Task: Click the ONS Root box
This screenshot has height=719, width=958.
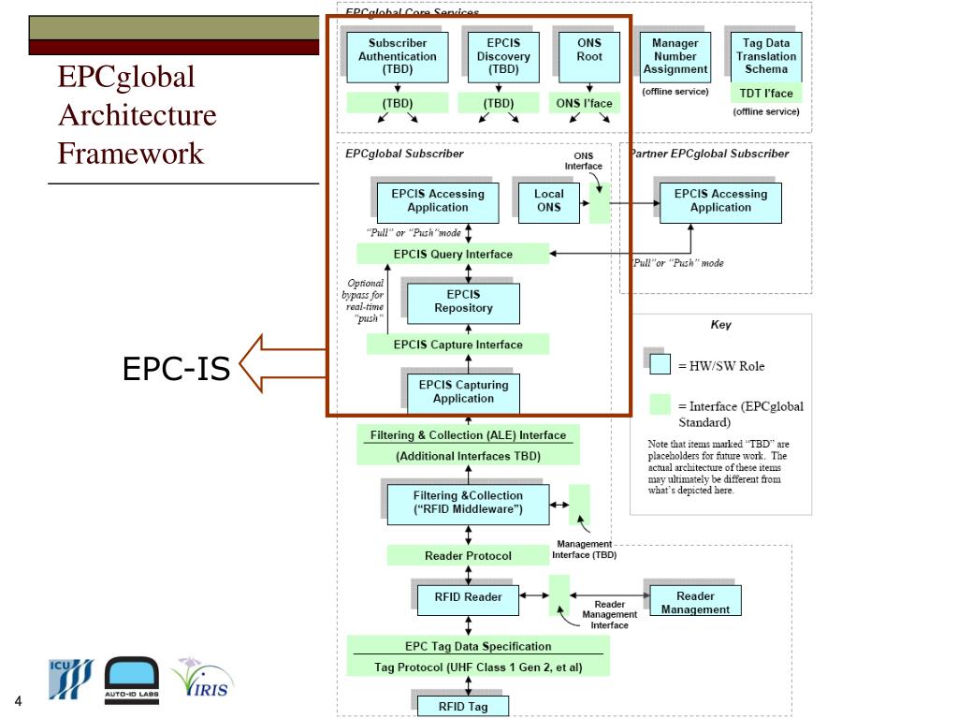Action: pos(589,57)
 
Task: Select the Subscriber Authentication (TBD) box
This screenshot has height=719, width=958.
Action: pos(397,57)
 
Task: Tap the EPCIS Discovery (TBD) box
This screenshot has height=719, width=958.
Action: pos(503,57)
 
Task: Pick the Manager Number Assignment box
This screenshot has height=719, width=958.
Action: pos(675,57)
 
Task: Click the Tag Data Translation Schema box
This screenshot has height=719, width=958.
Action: pos(766,57)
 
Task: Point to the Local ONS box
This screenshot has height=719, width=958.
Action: pos(548,202)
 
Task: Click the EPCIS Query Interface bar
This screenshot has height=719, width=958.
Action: pos(453,254)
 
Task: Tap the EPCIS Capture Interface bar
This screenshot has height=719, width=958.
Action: pos(457,345)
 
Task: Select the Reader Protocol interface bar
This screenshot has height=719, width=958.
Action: pos(468,555)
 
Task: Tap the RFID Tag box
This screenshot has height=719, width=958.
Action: pos(463,706)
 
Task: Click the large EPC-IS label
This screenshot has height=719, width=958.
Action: pos(176,368)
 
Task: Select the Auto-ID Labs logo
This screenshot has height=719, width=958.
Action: pos(131,681)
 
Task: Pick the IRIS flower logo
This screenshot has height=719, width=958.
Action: pos(202,678)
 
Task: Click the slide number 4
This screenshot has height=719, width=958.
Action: pos(19,700)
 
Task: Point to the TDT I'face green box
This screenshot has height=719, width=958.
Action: pos(766,93)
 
